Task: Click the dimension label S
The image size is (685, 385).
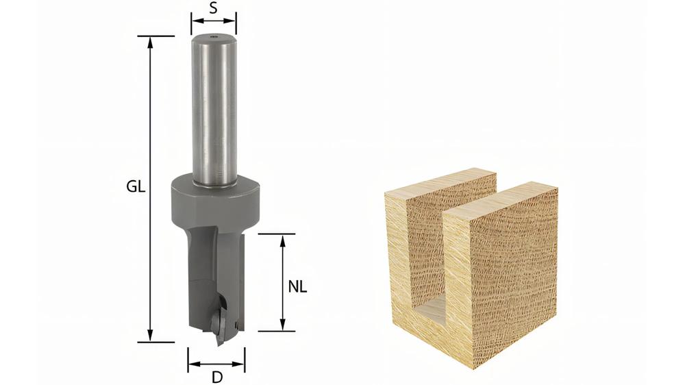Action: [213, 8]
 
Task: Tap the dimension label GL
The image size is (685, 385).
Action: [136, 187]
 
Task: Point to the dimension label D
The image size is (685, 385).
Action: [216, 376]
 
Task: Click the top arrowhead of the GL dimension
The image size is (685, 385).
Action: [150, 40]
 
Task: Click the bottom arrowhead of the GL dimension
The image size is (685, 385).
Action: [150, 336]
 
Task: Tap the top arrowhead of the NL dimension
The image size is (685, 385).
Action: [282, 239]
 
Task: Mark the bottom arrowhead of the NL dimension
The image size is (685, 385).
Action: [282, 325]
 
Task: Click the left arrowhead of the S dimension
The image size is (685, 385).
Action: [197, 21]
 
